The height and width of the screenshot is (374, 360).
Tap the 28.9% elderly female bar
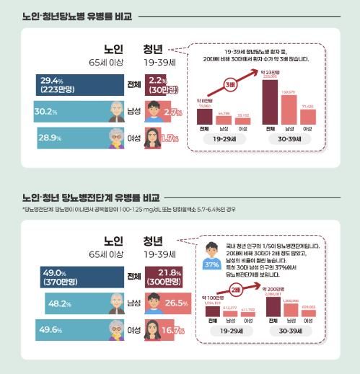point(61,137)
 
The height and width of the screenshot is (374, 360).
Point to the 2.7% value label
point(173,112)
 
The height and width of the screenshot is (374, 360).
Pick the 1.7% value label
point(171,138)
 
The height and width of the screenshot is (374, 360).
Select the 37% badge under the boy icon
point(212,264)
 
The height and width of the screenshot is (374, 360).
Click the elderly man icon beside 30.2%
point(115,112)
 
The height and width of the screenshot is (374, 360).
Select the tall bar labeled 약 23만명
point(271,101)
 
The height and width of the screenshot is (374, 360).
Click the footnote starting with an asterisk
point(130,209)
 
